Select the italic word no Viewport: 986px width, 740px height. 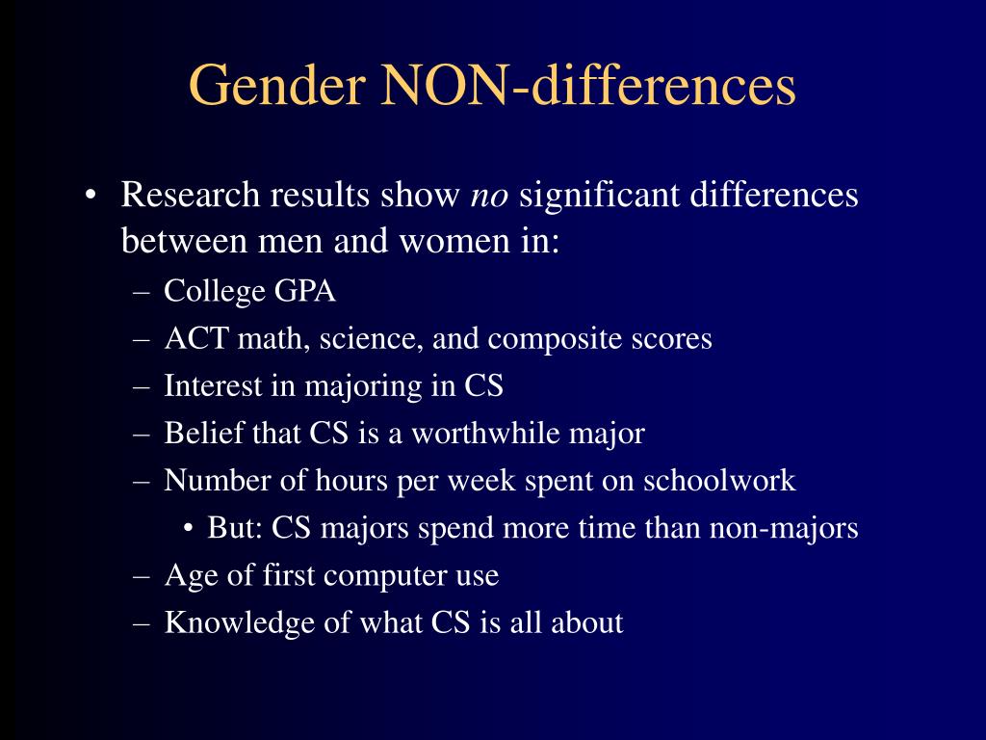tap(488, 196)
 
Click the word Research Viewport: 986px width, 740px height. tap(191, 196)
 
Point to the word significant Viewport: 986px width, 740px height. tap(599, 196)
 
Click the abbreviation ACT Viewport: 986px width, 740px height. tap(192, 338)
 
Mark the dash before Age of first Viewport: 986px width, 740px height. tap(143, 576)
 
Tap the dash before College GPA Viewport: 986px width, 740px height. tap(143, 291)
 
